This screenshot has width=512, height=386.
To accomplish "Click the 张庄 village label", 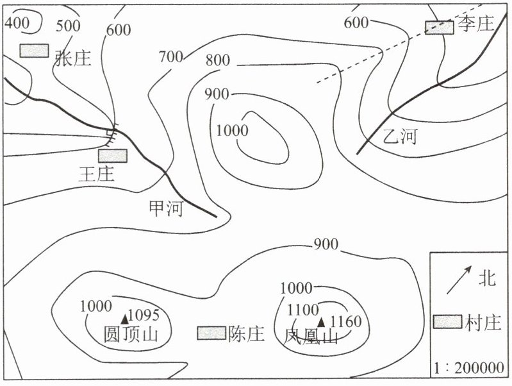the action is pos(73,58).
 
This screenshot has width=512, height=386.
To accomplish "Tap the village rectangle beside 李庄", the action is pos(439,28).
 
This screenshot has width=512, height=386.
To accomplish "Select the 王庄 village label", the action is pos(97,174).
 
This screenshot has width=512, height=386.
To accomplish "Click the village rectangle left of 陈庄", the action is pos(211,333).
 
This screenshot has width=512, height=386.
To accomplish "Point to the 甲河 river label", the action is pos(166,208).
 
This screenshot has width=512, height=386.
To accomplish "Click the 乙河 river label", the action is pos(401,137).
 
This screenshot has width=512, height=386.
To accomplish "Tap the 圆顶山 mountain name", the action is pos(131,334).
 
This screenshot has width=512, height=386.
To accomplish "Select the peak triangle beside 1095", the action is pos(125,319).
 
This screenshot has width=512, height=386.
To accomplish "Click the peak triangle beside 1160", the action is pos(322,322).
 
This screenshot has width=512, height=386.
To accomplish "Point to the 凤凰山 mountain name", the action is pos(311,336).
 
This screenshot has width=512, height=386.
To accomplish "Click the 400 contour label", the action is pos(17,22).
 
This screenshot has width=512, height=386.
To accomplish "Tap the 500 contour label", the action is pos(68,26).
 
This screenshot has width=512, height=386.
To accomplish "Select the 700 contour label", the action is pos(171,57).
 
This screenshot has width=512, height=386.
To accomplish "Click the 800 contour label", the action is pos(218,60).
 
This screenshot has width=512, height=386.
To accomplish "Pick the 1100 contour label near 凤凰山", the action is pos(302,310).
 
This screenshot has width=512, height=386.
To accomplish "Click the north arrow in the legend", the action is pos(459,280).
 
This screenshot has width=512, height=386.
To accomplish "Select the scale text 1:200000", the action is pos(469,368).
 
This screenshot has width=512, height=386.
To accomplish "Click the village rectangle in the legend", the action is pos(448,322).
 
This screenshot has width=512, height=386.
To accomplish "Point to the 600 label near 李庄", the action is pos(356,23).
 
